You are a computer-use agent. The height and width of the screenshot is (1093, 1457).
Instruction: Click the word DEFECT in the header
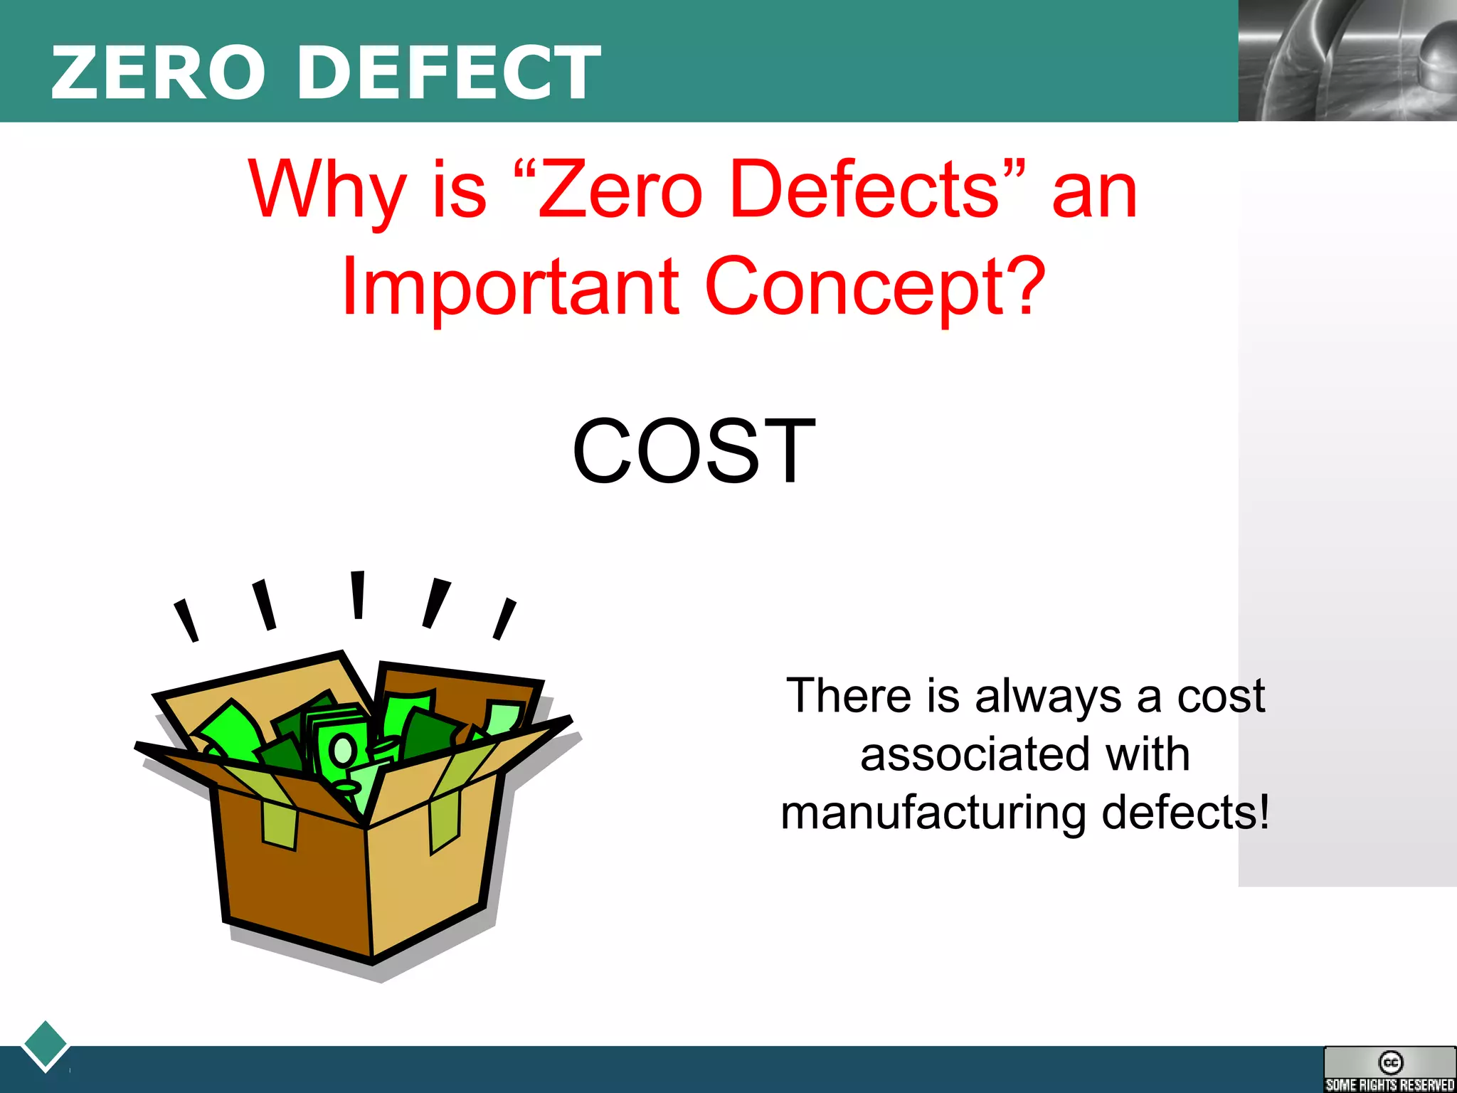click(449, 73)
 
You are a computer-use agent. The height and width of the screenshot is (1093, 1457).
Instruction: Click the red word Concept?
click(875, 286)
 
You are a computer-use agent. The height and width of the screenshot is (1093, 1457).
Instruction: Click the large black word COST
click(694, 451)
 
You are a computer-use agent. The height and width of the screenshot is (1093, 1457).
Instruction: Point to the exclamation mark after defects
click(1263, 811)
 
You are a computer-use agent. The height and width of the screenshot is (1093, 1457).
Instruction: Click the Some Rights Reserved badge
click(1389, 1070)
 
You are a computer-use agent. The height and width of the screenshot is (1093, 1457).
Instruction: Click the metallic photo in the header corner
click(1347, 60)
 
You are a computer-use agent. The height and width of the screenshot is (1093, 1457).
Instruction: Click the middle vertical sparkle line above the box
click(358, 594)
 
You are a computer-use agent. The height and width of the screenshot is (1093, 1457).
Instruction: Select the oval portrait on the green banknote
click(343, 749)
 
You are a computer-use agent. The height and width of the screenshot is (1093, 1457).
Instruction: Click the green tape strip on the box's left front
click(279, 825)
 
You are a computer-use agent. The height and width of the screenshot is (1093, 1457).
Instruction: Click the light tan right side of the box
click(427, 875)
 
